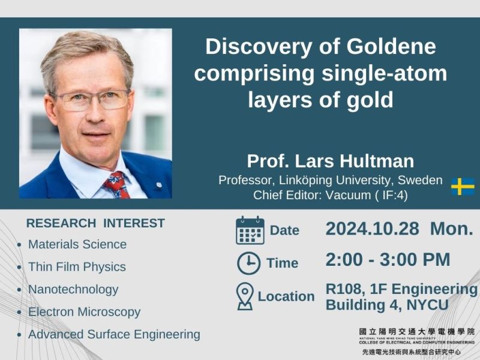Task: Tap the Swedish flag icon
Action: click(x=463, y=187)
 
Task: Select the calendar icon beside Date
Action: click(x=250, y=230)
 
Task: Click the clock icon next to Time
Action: click(x=248, y=263)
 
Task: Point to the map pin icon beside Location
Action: click(x=245, y=296)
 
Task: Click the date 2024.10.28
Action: click(x=372, y=229)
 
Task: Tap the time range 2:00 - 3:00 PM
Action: click(x=388, y=260)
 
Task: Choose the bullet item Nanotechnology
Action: click(x=73, y=290)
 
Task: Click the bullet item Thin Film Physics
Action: click(x=77, y=267)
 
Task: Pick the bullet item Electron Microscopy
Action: click(x=84, y=312)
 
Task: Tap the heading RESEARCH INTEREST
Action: click(x=95, y=223)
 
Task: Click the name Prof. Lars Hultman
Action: click(x=331, y=161)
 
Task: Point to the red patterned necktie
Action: click(x=117, y=185)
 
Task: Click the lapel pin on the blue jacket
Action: click(x=158, y=185)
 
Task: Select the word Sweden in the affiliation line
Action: click(x=420, y=180)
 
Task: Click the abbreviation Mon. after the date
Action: click(x=452, y=229)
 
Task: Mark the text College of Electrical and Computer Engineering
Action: click(x=416, y=342)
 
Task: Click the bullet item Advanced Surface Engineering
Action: click(x=114, y=334)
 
